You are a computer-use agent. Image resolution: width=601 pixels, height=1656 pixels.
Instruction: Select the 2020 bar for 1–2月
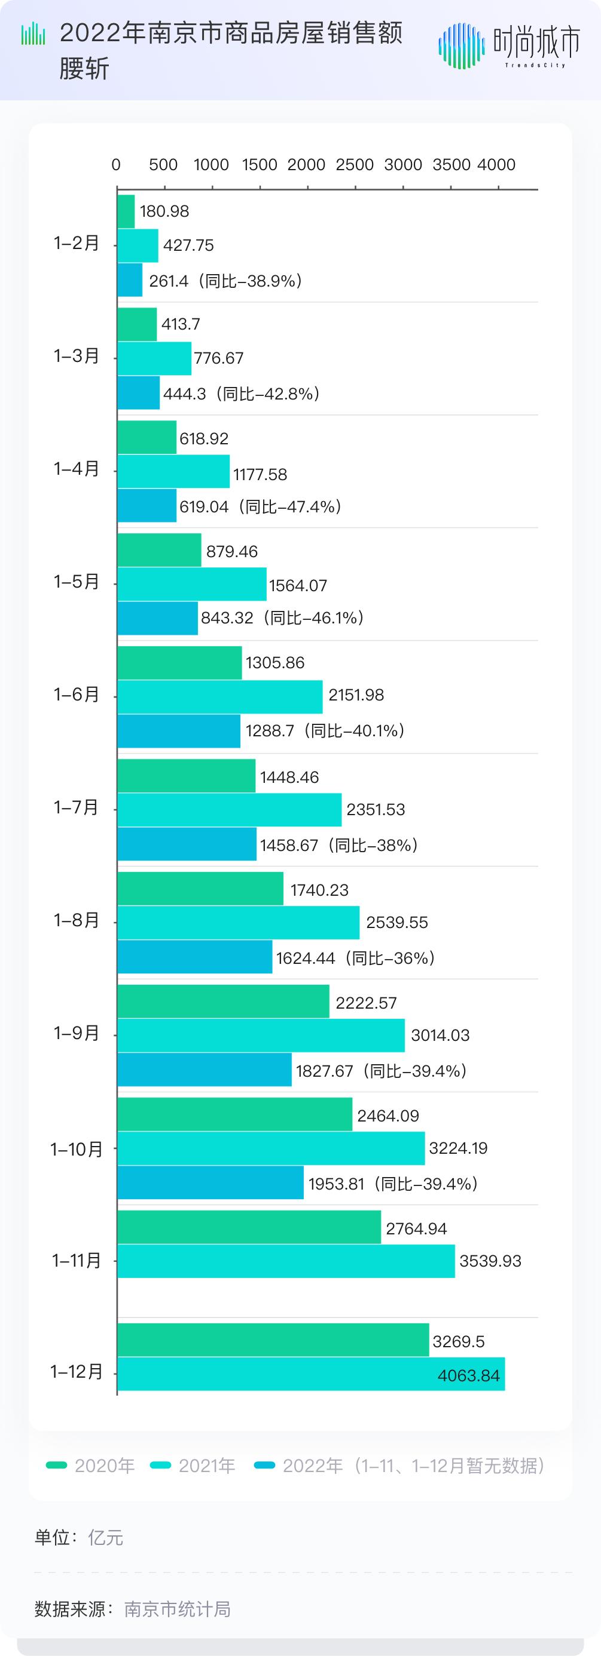126,211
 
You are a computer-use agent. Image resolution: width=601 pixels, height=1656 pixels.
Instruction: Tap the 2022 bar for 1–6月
179,731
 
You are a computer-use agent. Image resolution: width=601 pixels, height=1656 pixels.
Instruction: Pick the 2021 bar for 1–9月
261,1035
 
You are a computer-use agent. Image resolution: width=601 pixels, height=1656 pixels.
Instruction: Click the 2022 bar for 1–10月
210,1184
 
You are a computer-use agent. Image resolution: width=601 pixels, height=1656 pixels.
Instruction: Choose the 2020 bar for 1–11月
249,1228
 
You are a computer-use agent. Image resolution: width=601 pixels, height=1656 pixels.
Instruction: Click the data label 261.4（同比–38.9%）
226,281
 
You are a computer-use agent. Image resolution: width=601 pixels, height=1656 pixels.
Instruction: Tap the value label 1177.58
260,474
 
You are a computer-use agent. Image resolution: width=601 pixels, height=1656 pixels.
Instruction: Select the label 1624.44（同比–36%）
356,958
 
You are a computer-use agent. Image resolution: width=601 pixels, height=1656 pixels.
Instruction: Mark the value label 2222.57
366,1003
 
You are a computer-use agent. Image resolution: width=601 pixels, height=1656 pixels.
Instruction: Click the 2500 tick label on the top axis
355,165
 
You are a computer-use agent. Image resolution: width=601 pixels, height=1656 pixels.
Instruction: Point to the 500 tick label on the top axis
163,165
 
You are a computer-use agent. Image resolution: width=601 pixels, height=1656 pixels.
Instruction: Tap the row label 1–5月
77,582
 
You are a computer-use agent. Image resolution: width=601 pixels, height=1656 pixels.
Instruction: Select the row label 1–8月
77,921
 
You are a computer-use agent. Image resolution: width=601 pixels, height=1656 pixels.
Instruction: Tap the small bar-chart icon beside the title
33,34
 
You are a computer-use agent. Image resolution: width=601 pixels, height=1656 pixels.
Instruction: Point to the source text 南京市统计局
177,1608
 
